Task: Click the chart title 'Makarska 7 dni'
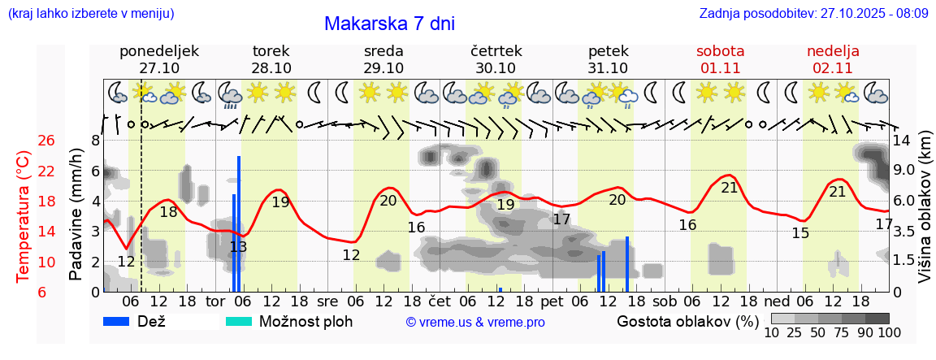[389, 24]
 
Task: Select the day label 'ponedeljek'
[159, 51]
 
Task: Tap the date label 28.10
[271, 68]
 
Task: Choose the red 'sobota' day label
[720, 51]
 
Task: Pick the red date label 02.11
[833, 68]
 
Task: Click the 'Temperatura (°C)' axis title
[23, 217]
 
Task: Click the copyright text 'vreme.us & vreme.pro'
[475, 322]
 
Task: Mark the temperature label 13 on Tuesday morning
[238, 247]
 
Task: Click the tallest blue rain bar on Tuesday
[239, 223]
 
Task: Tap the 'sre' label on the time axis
[327, 301]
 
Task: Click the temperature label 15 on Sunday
[800, 233]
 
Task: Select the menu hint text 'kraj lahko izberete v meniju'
[90, 14]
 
